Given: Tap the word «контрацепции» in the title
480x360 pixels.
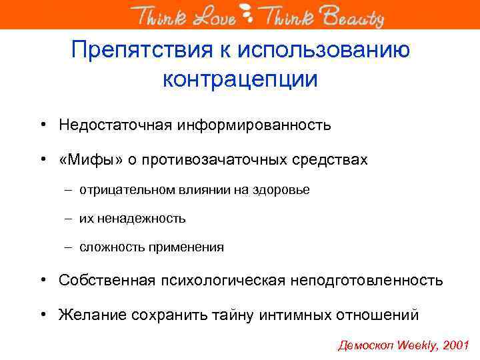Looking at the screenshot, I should (x=240, y=79).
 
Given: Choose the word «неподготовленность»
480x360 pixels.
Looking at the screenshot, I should (x=367, y=280).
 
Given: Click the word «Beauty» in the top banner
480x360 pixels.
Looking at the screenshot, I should (x=353, y=15).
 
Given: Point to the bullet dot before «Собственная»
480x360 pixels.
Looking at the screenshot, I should (x=42, y=280).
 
